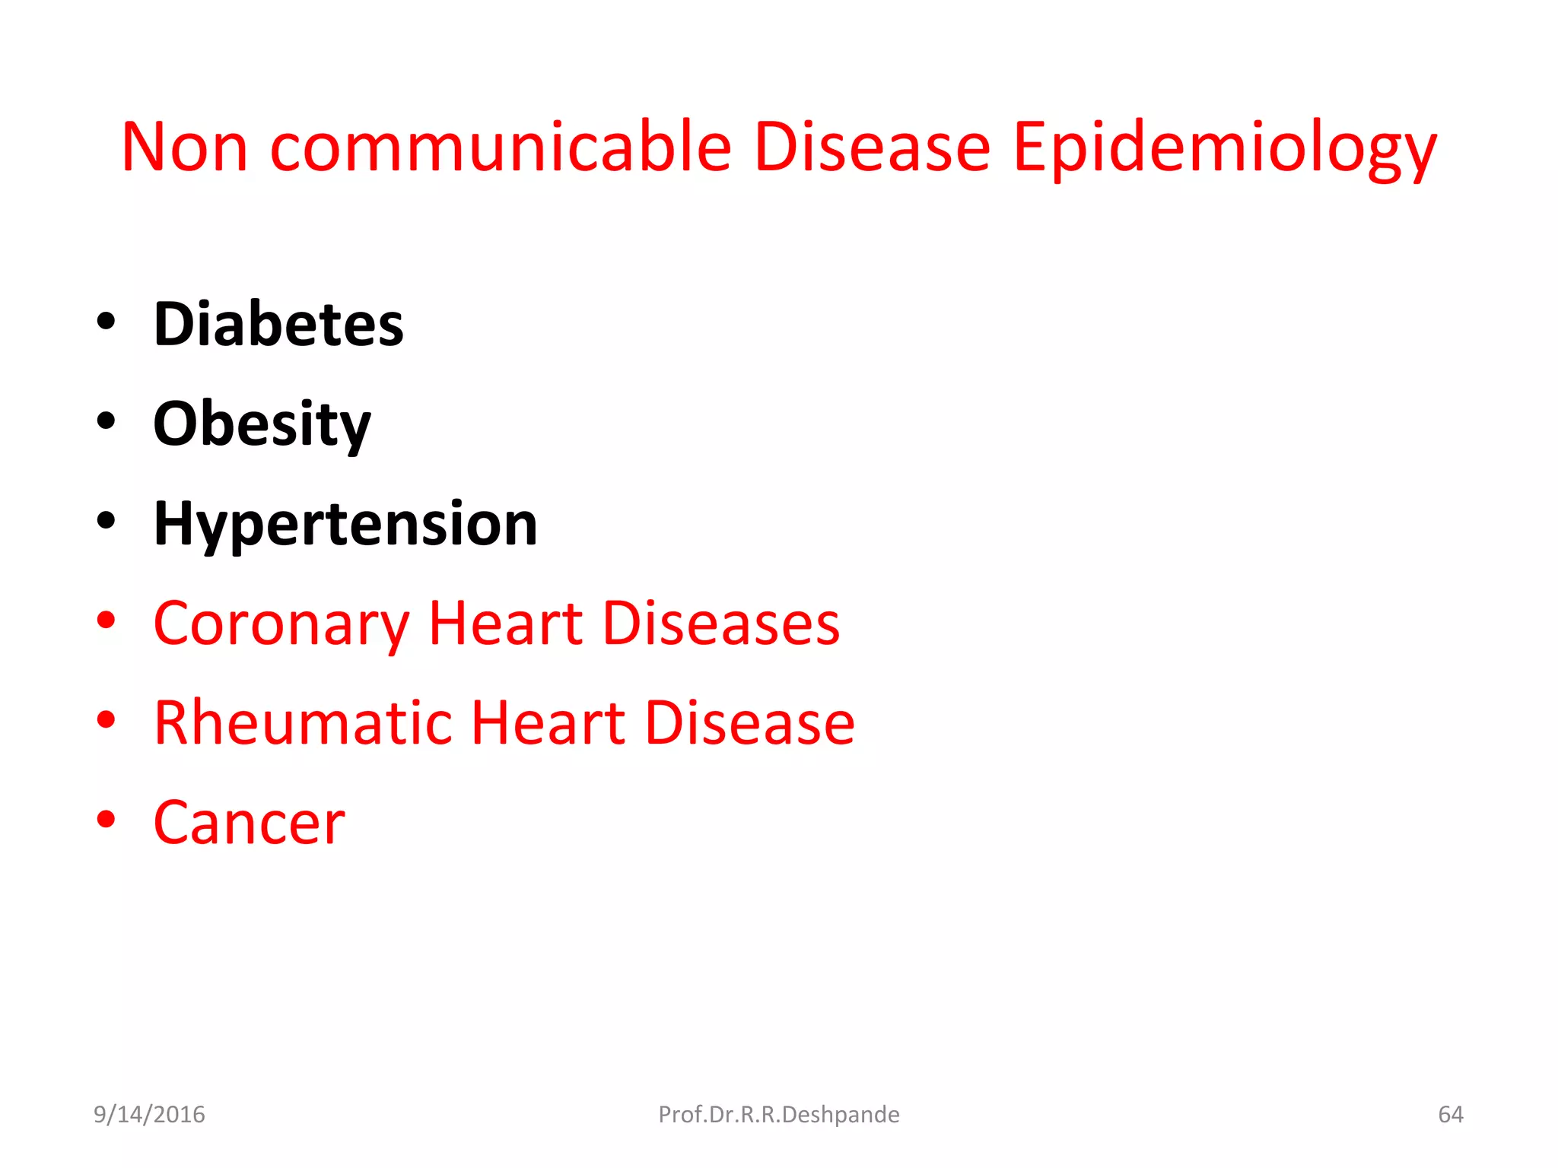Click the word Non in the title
click(x=185, y=147)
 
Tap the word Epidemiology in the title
click(x=1224, y=147)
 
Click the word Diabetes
click(x=278, y=324)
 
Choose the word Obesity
click(x=262, y=424)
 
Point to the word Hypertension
click(x=345, y=525)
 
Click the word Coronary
click(x=281, y=624)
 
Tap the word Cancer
click(x=249, y=823)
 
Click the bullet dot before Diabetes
click(x=107, y=322)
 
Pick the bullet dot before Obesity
click(x=107, y=421)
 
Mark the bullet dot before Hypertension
click(x=107, y=521)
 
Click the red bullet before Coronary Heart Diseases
click(x=107, y=620)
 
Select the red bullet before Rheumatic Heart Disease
click(x=107, y=720)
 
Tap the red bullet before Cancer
click(x=107, y=820)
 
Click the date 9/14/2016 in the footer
click(x=149, y=1114)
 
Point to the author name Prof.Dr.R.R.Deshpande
click(x=779, y=1114)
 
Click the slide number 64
click(x=1450, y=1114)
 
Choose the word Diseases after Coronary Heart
click(x=721, y=624)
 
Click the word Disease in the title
click(x=872, y=147)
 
